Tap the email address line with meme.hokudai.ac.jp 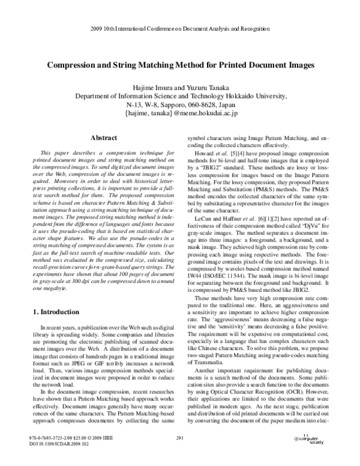tap(181, 112)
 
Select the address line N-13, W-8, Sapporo tap(180, 104)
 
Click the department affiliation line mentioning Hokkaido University tap(180, 95)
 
